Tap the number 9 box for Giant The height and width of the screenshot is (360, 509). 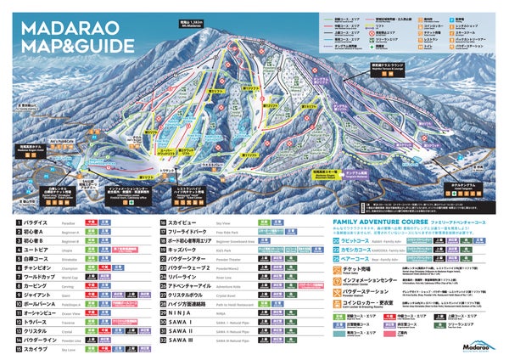(x=19, y=295)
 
